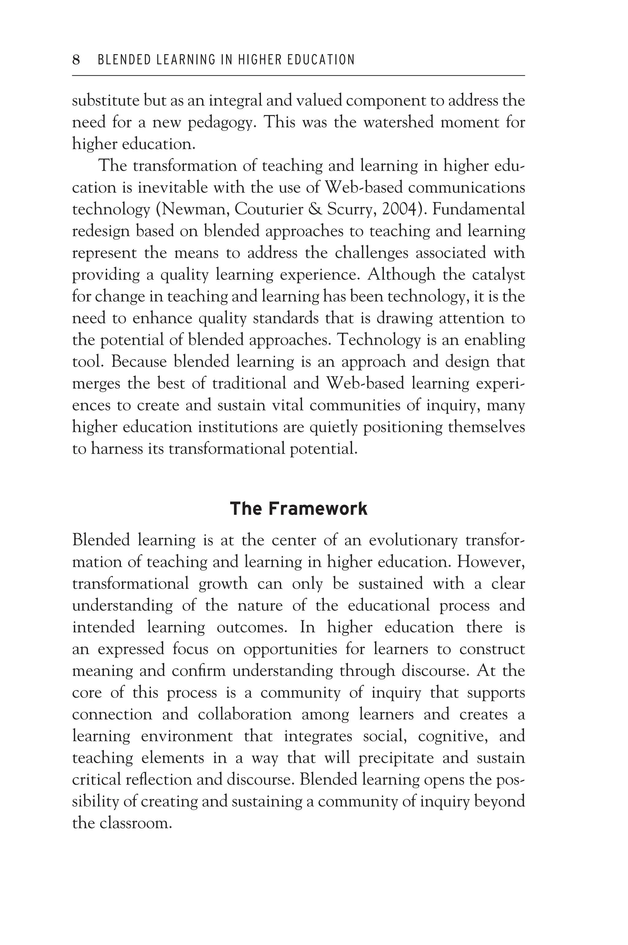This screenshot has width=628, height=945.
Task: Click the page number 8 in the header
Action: point(76,60)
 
